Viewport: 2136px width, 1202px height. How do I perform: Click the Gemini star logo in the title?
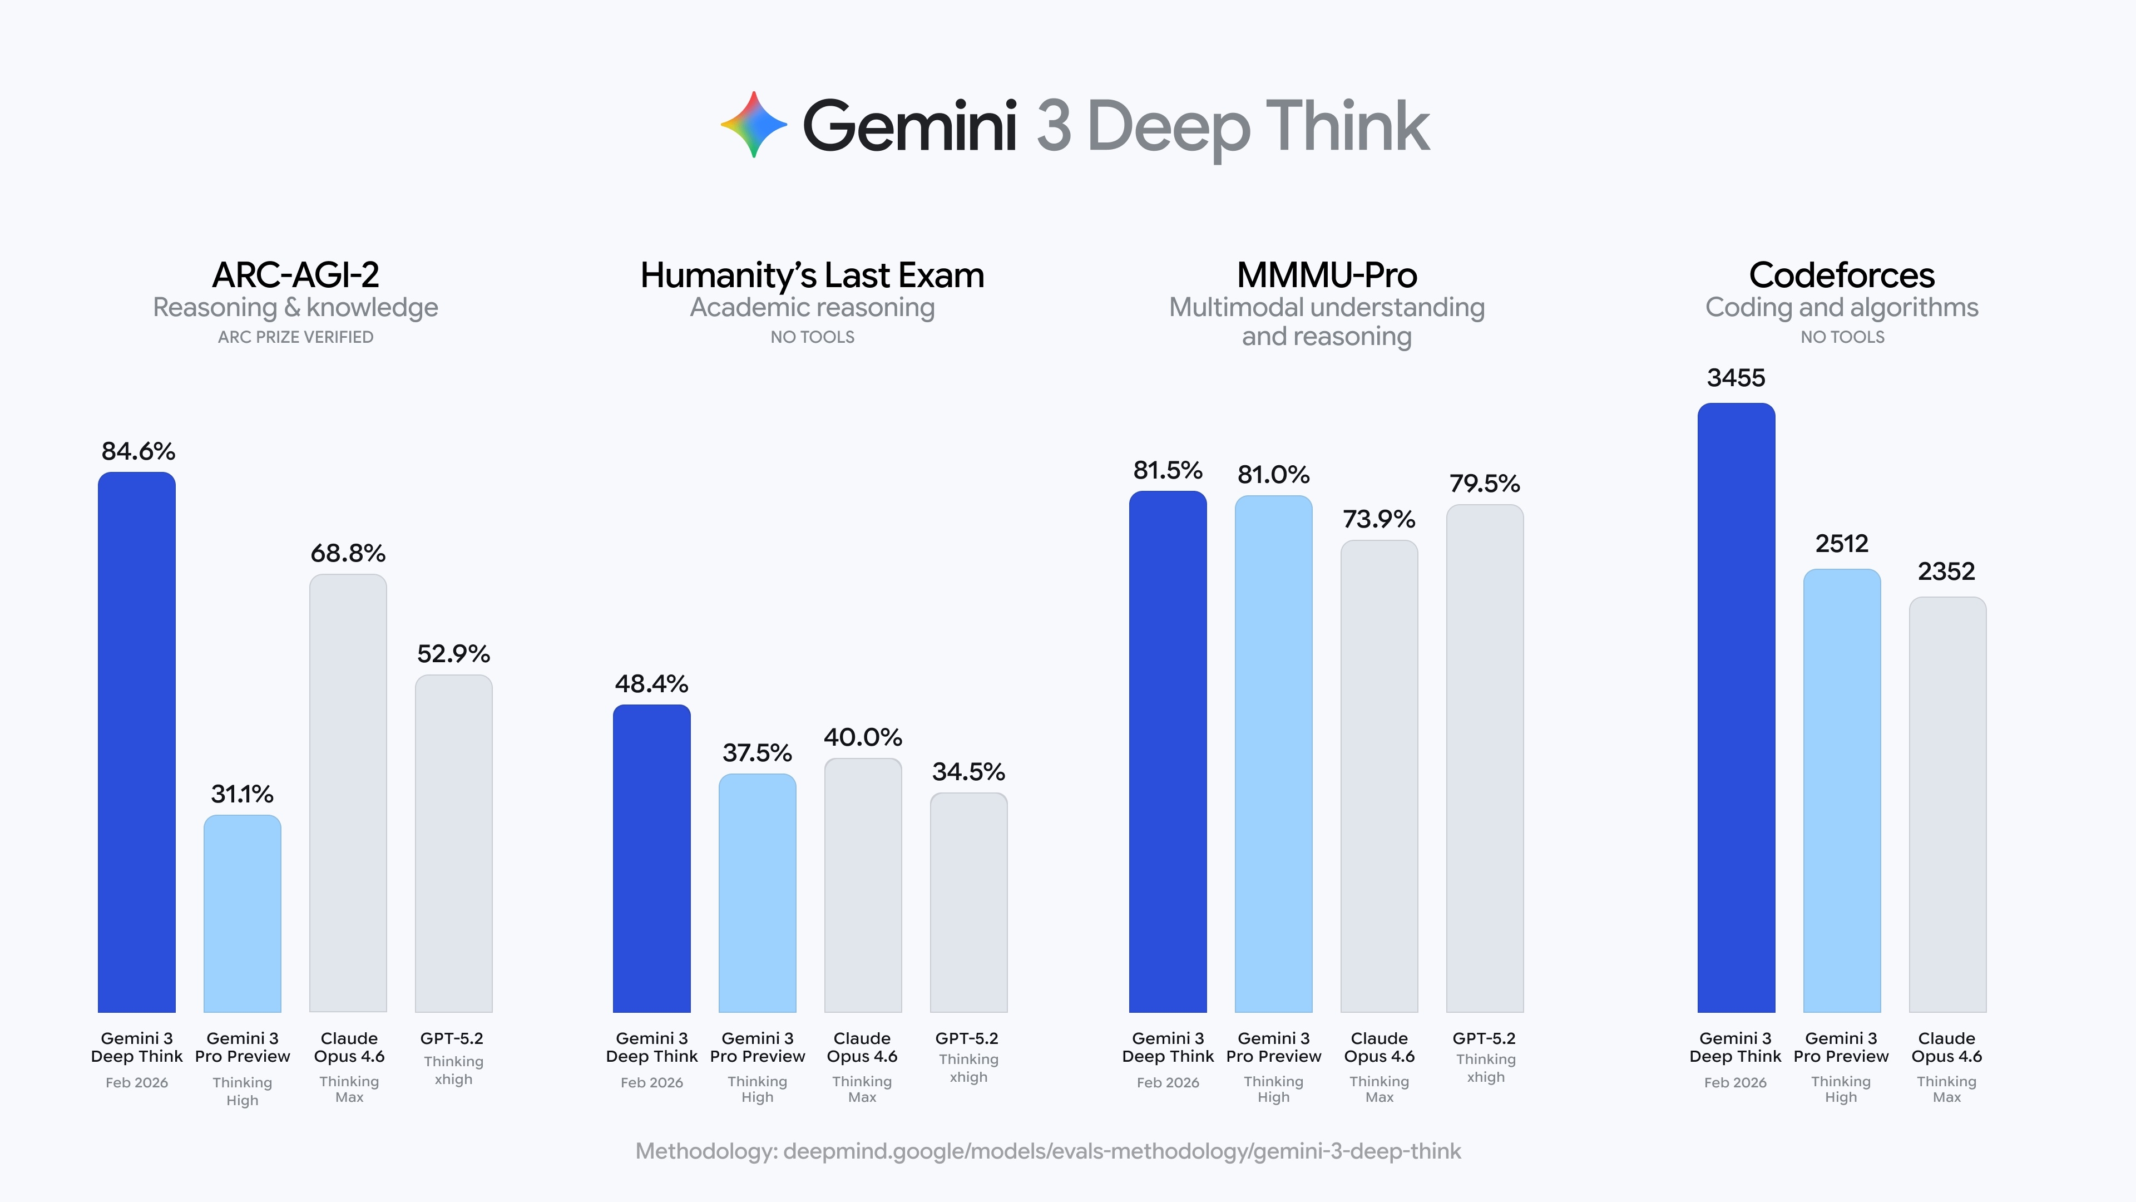pos(753,125)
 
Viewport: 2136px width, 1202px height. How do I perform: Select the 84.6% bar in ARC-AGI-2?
pos(137,742)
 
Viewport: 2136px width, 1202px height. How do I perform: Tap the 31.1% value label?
pos(242,794)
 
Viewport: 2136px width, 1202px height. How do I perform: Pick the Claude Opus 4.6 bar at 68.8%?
pos(348,792)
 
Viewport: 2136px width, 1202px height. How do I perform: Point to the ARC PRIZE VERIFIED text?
pos(295,337)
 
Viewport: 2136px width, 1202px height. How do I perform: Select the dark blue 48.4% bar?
pos(652,859)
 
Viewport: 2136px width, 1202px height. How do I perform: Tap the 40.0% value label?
pos(862,737)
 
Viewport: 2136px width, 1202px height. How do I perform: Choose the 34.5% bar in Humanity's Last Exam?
pos(968,903)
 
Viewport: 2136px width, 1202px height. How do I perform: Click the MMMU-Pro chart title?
pos(1327,275)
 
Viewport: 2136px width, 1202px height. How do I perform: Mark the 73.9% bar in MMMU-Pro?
pos(1379,776)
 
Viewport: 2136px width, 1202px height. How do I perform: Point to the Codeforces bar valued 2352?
pos(1947,805)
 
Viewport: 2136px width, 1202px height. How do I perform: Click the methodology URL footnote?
pos(1047,1151)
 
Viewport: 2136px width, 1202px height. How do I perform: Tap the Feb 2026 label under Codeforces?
pos(1735,1082)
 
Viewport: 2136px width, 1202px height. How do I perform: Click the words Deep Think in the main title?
pos(1258,126)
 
